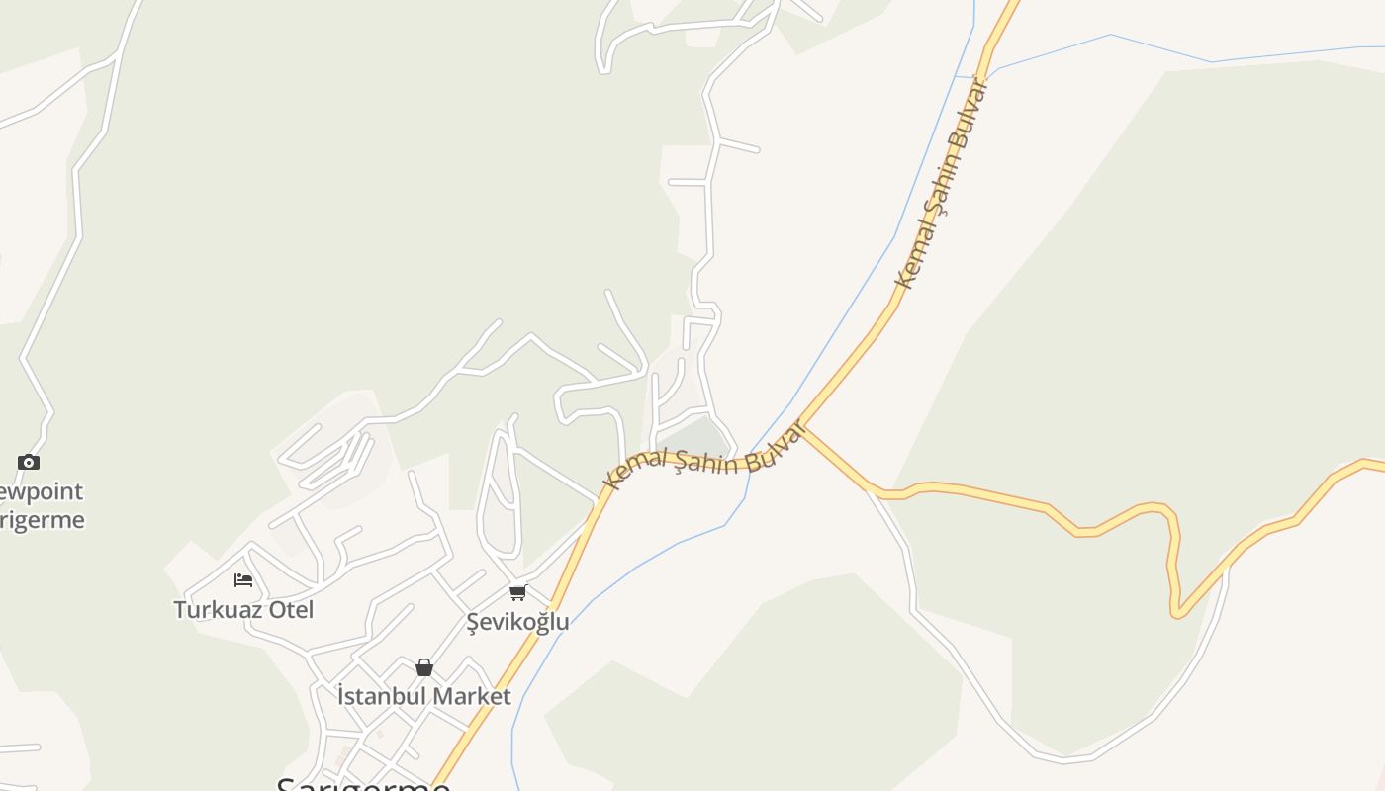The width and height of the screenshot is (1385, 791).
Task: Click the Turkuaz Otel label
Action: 243,609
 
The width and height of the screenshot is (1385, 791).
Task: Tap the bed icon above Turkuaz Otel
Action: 243,580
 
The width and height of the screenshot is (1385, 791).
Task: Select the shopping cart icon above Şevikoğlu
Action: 517,592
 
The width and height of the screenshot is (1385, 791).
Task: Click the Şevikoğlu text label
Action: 517,621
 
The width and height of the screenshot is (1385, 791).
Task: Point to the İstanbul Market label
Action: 423,696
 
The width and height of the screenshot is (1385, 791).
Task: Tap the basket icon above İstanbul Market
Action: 424,667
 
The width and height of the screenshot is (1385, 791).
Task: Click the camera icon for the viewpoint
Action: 29,462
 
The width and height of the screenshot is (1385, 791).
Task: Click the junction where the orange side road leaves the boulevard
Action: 803,427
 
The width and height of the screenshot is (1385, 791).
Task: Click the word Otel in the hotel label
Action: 291,609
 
